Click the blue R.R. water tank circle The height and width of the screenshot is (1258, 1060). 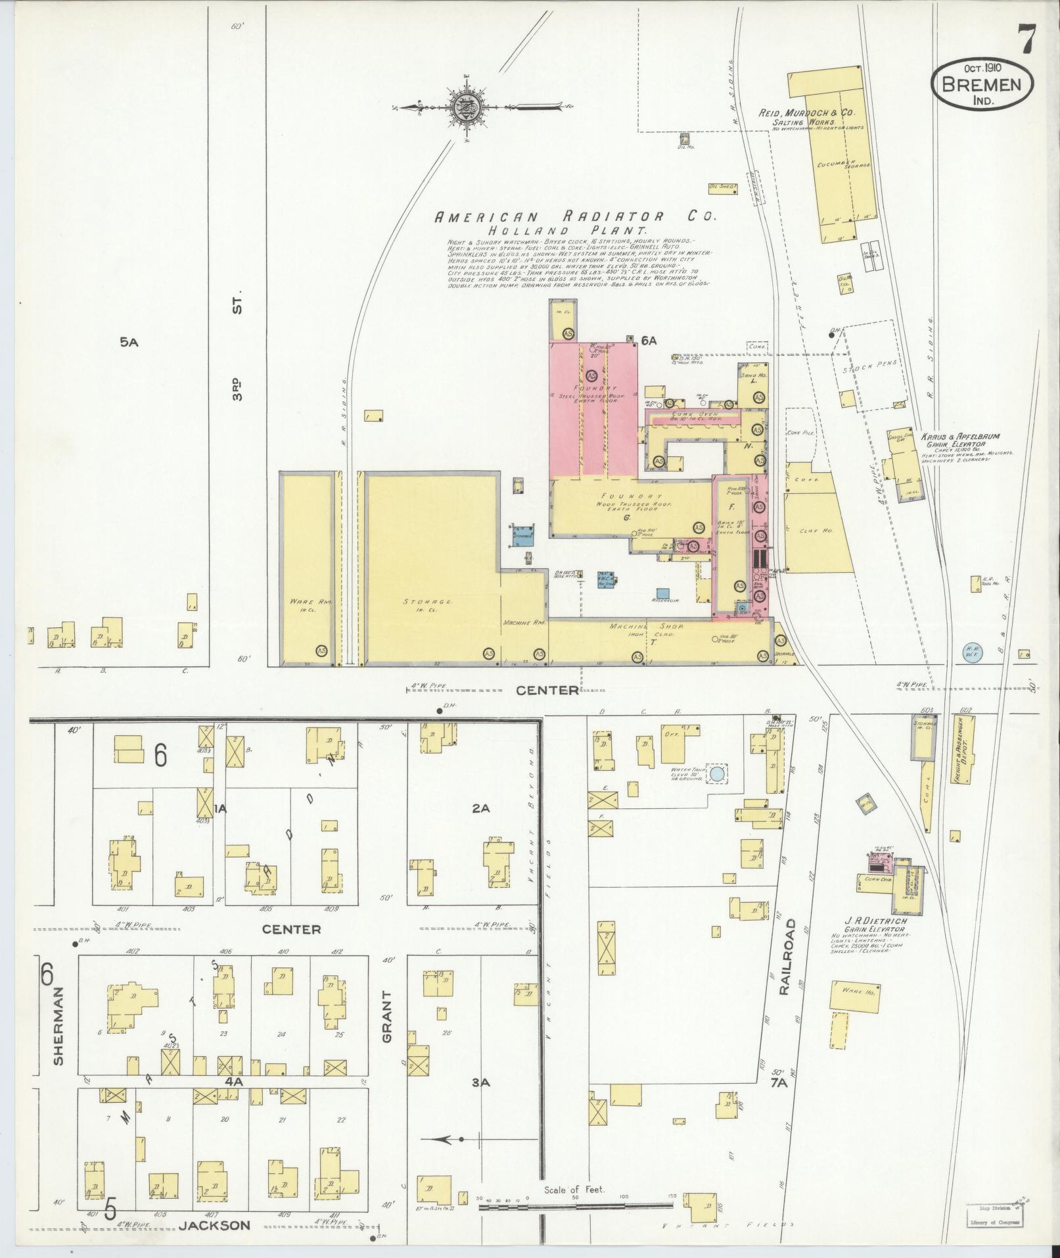pos(971,652)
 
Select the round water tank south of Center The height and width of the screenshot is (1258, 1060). pos(717,775)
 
